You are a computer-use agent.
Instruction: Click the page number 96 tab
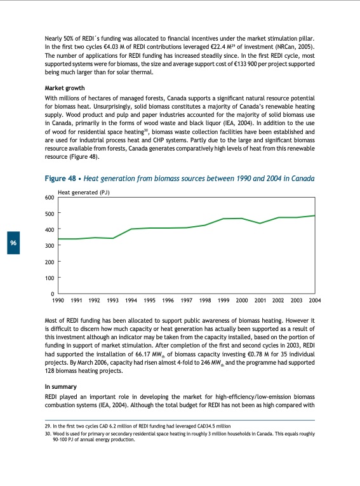click(13, 244)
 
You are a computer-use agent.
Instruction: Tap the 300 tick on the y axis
click(49, 246)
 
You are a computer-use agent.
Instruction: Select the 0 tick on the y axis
click(52, 294)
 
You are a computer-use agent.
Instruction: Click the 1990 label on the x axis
click(58, 300)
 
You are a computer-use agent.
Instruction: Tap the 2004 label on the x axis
click(314, 300)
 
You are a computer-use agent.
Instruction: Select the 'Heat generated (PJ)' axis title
click(84, 191)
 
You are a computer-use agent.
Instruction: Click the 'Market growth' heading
click(65, 88)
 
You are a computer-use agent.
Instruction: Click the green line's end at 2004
click(315, 215)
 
